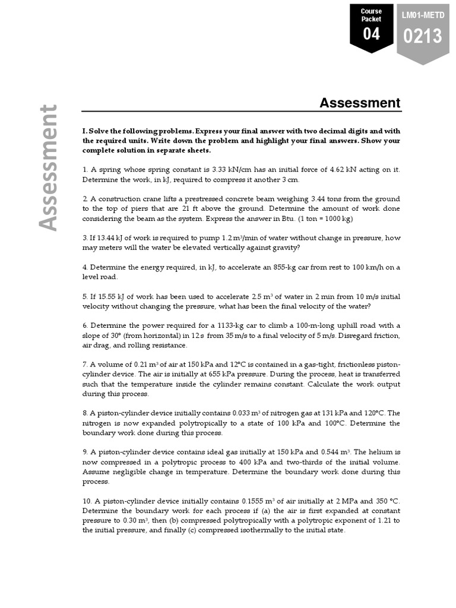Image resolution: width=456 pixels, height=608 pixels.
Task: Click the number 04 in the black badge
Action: [371, 34]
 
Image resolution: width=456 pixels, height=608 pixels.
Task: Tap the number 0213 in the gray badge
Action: [423, 36]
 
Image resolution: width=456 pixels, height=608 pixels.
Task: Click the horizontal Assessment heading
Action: [360, 103]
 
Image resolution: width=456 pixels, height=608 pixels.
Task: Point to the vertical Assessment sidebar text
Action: [49, 168]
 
